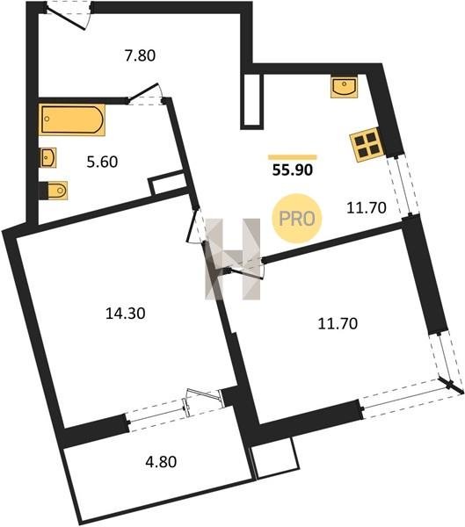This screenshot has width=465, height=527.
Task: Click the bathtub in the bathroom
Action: coord(72,119)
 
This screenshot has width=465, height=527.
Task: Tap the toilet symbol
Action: coord(54,191)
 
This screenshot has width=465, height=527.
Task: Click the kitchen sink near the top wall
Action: coord(344,86)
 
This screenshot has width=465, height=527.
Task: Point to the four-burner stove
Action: coord(367,145)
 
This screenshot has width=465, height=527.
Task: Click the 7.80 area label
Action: coord(140,55)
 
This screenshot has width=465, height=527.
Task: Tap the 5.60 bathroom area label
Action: coord(102,162)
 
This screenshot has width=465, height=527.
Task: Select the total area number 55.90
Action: coord(293,170)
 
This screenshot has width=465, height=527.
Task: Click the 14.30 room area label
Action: coord(126,314)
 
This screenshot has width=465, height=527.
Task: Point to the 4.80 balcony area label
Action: coord(161,462)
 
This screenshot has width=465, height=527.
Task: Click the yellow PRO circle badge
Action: coord(297,219)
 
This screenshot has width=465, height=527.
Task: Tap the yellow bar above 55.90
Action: coord(293,157)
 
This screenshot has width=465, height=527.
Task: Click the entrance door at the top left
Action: coord(68,17)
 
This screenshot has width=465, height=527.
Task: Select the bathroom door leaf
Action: coord(143,91)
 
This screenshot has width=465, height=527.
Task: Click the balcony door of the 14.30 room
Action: coord(203,399)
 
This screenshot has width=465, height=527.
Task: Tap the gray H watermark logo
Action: coord(233,259)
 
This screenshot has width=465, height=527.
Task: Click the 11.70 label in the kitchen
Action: coord(367,208)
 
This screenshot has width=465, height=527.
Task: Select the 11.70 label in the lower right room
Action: coord(338,323)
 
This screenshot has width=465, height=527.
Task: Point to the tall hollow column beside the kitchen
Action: coord(251,101)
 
